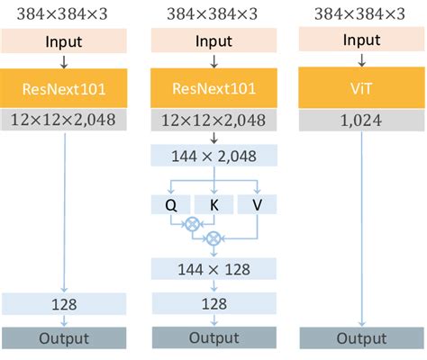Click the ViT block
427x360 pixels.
(361, 87)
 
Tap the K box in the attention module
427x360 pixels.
(214, 204)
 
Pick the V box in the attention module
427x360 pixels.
(259, 204)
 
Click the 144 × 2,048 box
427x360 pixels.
(214, 157)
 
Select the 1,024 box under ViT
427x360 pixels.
(361, 120)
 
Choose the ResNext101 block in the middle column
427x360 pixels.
(214, 87)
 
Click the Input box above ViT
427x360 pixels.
(361, 41)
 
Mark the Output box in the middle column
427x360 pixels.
(214, 337)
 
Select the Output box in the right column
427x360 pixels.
(361, 337)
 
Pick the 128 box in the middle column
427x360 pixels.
(214, 304)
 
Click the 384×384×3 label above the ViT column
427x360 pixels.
(361, 13)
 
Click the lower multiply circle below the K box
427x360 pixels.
(214, 239)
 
